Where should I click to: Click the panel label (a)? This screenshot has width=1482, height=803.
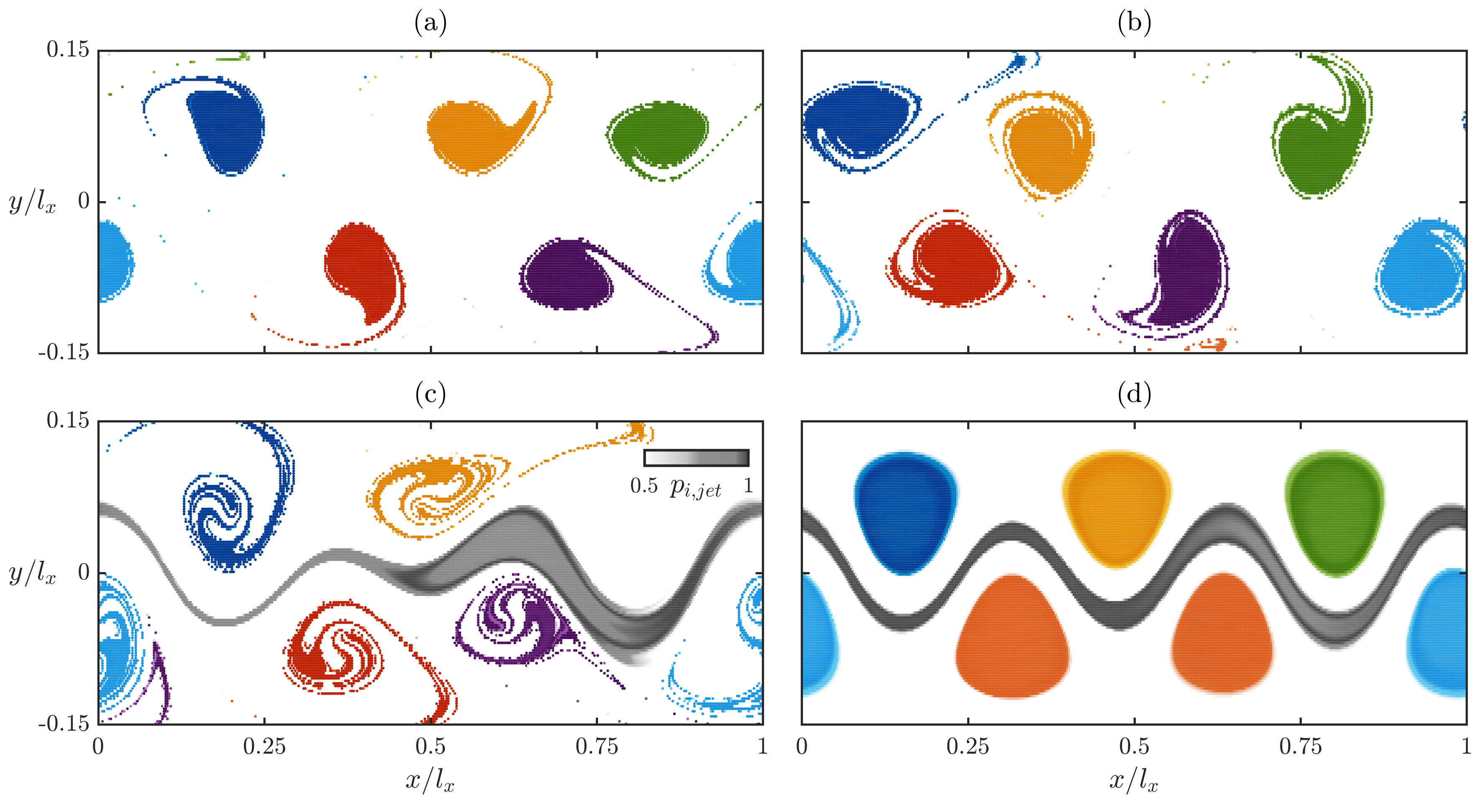[x=430, y=23]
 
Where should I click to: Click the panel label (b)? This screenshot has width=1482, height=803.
[x=1134, y=23]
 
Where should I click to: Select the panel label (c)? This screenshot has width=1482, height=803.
[x=430, y=394]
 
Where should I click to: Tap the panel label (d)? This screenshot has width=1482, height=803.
[x=1134, y=394]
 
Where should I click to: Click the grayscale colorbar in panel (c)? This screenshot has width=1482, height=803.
[x=696, y=458]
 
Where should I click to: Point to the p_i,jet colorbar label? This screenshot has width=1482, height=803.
[x=695, y=487]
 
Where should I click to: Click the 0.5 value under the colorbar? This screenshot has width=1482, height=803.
[x=644, y=486]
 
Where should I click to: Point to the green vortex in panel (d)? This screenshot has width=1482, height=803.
[x=1335, y=512]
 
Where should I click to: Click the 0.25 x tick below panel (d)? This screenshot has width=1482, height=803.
[x=968, y=747]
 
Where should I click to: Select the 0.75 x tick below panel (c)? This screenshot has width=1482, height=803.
[x=597, y=747]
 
